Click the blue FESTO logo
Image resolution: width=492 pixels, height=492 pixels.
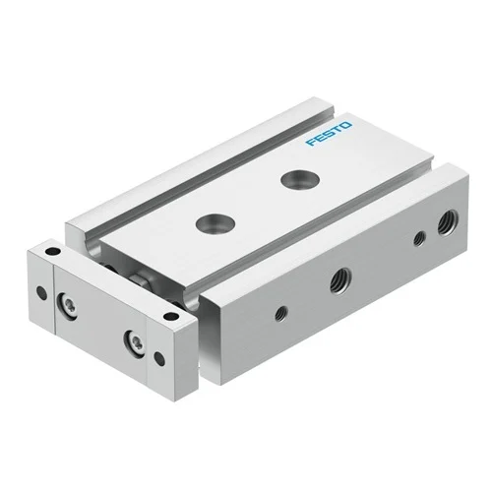[x=329, y=134]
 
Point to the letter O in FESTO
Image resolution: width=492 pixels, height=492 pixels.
[x=346, y=125]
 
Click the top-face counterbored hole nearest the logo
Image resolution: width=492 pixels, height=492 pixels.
[x=300, y=179]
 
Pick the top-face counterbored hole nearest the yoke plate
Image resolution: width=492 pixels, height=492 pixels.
[x=215, y=223]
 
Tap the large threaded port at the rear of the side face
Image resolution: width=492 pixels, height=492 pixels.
[x=449, y=222]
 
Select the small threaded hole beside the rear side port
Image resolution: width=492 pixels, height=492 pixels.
[x=419, y=238]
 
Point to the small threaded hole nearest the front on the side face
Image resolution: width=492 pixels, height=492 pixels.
[x=281, y=314]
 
